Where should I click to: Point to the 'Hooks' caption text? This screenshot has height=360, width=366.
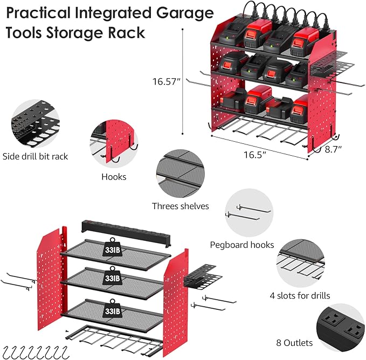click(114, 176)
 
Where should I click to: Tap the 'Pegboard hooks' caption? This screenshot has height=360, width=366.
click(242, 245)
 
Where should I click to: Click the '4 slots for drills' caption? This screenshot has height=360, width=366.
click(300, 295)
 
